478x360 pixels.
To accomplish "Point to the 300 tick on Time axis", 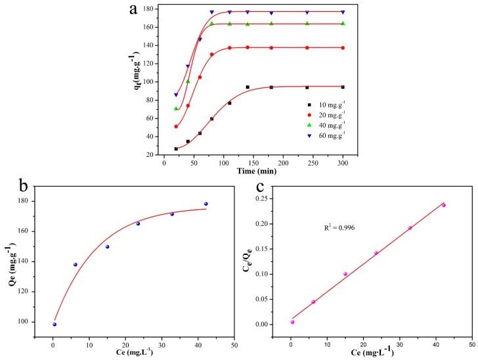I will click(343, 162).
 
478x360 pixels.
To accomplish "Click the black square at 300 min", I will click(343, 87).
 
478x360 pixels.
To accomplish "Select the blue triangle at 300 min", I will click(343, 12).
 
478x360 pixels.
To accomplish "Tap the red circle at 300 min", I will click(343, 47).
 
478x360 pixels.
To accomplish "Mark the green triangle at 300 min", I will click(343, 24).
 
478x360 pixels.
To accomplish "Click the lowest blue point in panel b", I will click(54, 324).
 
